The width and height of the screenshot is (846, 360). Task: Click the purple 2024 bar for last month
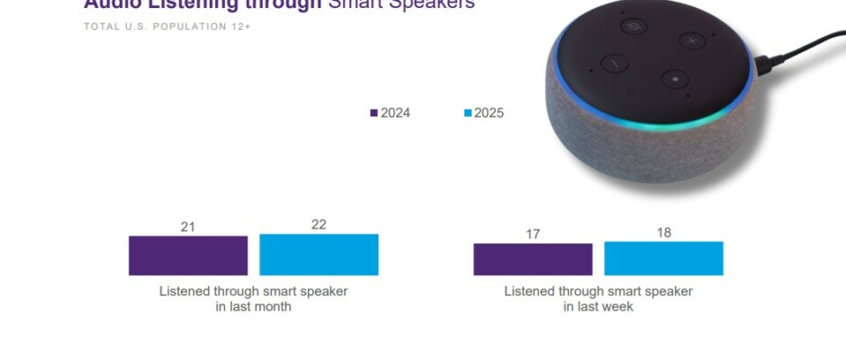pos(188,256)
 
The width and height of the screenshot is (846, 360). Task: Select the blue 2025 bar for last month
pos(319,255)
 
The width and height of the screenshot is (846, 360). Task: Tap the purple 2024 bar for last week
pos(533,259)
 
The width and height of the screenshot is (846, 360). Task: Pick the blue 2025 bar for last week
pos(663,258)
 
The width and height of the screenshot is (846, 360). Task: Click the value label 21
pos(187,227)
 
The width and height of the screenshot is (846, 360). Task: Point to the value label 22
pos(319,224)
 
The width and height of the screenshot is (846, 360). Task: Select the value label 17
pos(533,234)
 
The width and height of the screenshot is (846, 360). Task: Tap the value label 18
pos(664,232)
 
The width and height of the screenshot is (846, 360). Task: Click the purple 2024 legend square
pos(374,113)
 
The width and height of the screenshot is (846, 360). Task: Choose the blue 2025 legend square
pos(468,113)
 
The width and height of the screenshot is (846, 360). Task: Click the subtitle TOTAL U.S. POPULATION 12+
pos(167,27)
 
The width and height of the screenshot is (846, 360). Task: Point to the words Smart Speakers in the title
pos(401,4)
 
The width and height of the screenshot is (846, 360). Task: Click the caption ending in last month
pos(254,299)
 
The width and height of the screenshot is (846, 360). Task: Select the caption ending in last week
pos(598,299)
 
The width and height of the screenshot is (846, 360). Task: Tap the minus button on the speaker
pos(615,64)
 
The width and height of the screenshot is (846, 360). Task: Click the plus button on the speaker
pos(691,40)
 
